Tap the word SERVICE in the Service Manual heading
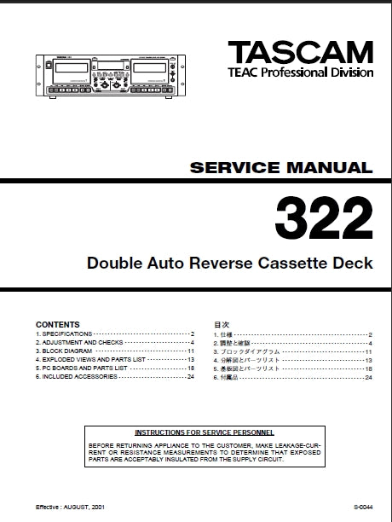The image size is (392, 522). (x=227, y=168)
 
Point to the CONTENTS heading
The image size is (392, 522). (x=57, y=325)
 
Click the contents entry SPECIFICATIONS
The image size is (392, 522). (x=66, y=334)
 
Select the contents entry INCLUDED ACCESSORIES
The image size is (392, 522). (x=75, y=376)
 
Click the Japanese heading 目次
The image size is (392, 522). (x=221, y=325)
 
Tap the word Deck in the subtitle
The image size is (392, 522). (x=353, y=263)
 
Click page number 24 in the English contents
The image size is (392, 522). (x=190, y=376)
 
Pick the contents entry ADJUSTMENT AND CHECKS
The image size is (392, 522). (x=77, y=343)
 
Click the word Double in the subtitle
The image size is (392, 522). (x=112, y=263)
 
